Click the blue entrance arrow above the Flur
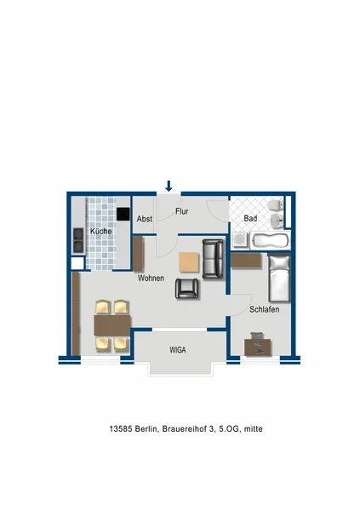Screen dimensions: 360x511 point(169,186)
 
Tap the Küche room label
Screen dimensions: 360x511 point(101,231)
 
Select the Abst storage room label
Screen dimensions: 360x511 point(145,219)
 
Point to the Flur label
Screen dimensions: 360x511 point(182,211)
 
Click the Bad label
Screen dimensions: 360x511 point(250,218)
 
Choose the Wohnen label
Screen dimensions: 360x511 point(151,278)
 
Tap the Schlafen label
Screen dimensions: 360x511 point(264,309)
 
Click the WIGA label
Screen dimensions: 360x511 point(178,350)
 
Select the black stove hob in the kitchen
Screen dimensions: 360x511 point(123,214)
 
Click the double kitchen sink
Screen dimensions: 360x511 point(78,240)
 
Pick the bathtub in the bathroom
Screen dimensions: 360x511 point(270,241)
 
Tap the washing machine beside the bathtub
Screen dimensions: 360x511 point(241,240)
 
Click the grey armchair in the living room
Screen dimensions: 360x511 point(187,289)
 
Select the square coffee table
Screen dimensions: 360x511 point(189,262)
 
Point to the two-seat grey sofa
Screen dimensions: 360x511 point(213,259)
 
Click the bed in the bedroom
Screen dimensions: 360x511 point(279,278)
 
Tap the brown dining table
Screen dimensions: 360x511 point(112,325)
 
